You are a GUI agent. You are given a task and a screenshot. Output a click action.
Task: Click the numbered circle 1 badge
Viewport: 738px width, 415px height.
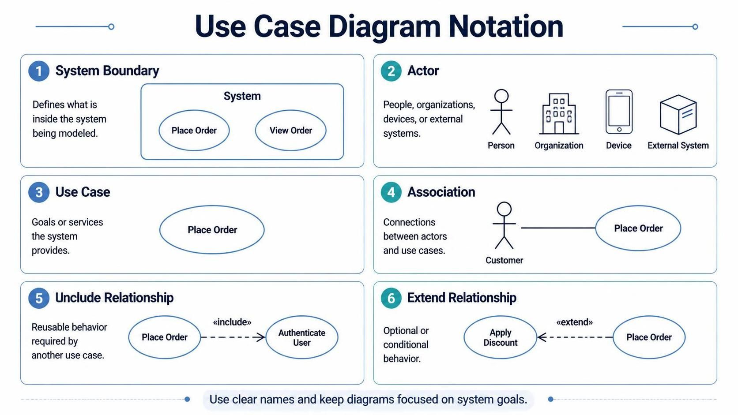click(x=39, y=71)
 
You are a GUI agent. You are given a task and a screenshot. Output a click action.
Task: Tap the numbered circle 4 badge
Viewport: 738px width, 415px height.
click(x=391, y=192)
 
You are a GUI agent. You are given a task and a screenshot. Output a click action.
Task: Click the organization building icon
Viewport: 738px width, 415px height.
click(x=559, y=114)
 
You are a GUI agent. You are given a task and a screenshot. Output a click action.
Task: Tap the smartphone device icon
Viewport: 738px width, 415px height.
click(x=619, y=112)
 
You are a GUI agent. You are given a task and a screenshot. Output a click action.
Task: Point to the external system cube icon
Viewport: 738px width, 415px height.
click(x=678, y=115)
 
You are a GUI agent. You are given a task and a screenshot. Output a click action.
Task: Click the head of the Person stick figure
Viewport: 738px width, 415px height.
click(x=501, y=96)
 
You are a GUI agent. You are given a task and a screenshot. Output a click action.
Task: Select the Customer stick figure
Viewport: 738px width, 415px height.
click(x=504, y=225)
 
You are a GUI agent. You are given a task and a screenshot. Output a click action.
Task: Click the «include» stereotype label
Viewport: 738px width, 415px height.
click(x=232, y=322)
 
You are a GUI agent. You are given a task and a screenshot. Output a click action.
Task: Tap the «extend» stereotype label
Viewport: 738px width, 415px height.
click(x=575, y=322)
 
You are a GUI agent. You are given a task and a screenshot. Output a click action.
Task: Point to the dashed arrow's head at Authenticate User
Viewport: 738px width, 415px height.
click(x=264, y=337)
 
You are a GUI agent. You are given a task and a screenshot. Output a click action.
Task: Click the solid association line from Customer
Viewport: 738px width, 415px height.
click(x=558, y=228)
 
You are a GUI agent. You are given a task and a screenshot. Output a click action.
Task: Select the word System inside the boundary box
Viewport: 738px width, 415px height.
click(x=242, y=96)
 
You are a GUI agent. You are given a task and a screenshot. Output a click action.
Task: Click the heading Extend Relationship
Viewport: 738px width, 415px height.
click(x=462, y=298)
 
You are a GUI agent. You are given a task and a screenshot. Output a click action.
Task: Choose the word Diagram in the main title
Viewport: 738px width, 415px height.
click(x=384, y=26)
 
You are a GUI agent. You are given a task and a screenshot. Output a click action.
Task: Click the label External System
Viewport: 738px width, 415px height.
click(x=678, y=146)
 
